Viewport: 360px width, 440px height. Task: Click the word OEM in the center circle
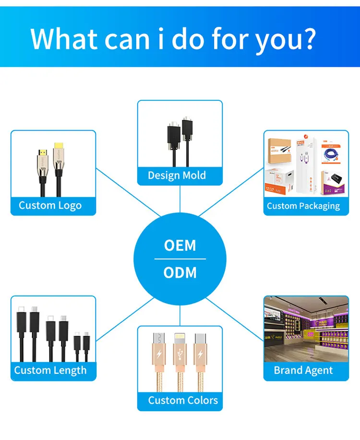[x=180, y=245]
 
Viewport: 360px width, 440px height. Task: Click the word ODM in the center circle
[x=180, y=273]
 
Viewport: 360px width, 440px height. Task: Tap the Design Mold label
[x=177, y=175]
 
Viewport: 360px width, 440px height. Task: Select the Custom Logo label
[x=50, y=206]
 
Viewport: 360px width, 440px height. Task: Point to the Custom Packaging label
[x=303, y=206]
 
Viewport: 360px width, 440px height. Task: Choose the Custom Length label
[x=50, y=370]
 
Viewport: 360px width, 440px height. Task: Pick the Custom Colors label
[x=182, y=400]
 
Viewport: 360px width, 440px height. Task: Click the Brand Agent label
[x=303, y=370]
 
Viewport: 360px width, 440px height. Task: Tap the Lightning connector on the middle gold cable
[x=180, y=339]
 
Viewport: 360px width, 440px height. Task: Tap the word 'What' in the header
[x=64, y=38]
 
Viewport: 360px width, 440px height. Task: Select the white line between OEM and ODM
[x=180, y=259]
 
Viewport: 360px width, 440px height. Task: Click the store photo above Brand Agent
[x=306, y=329]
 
